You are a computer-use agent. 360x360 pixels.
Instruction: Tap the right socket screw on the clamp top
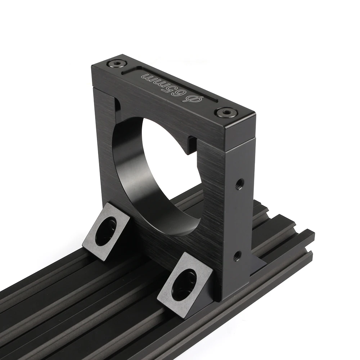tap(225, 112)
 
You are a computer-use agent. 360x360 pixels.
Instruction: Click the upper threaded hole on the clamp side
tap(240, 183)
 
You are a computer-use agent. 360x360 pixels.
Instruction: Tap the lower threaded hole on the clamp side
tap(238, 255)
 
